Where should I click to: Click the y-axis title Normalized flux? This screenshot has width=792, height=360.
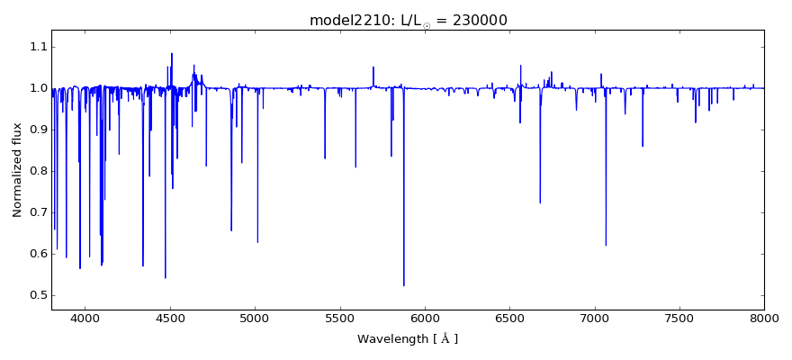point(17,171)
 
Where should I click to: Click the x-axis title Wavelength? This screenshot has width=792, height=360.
point(407,339)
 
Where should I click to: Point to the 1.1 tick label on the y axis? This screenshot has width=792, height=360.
point(36,47)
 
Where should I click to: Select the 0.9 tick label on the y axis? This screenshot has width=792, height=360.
point(36,130)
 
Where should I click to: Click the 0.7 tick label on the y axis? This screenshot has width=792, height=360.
point(36,212)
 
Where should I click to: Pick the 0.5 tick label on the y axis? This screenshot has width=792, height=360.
point(36,295)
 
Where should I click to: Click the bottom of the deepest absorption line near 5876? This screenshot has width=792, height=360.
point(404,285)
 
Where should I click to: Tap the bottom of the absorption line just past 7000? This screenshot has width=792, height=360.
point(606,245)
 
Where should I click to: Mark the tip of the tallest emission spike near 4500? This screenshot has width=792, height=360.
point(172,53)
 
